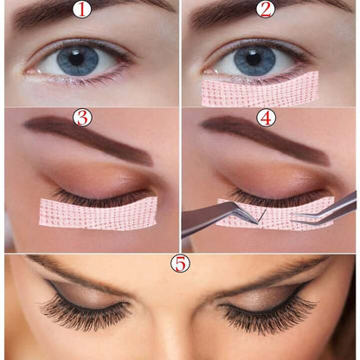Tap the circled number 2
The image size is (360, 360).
point(265,10)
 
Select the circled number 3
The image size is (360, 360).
point(83,118)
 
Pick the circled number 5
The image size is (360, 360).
point(179,262)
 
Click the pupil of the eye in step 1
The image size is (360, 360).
point(77,58)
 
